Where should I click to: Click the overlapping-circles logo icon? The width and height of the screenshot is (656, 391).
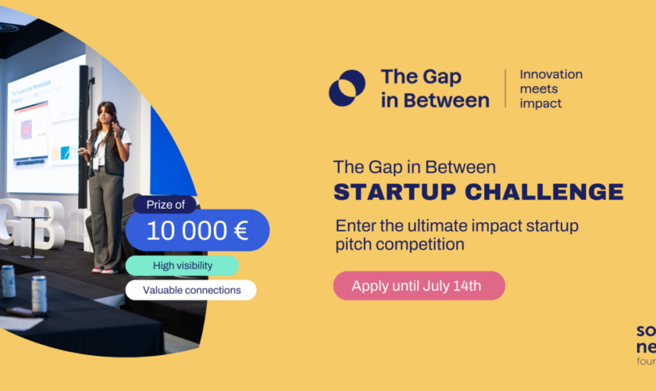click(x=347, y=88)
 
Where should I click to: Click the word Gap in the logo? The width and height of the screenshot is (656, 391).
click(x=443, y=77)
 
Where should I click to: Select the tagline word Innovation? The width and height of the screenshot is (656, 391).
click(x=551, y=74)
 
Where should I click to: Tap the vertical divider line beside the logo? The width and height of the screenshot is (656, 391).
click(x=505, y=88)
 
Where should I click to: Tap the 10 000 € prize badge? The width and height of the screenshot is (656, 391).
click(x=198, y=230)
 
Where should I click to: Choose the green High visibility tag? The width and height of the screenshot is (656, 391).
click(x=181, y=265)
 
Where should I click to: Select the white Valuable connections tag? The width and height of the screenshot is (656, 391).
click(x=191, y=290)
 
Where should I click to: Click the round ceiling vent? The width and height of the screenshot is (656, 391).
click(x=8, y=27)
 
